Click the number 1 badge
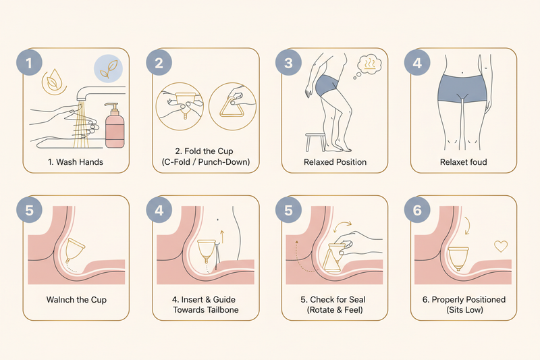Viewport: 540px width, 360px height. (29, 63)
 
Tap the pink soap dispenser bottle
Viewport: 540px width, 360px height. (115, 126)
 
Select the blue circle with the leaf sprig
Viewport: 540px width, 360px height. (109, 68)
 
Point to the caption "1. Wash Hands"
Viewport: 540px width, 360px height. (76, 162)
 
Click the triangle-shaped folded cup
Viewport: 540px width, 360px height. (232, 107)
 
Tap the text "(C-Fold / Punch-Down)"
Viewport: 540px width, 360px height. (206, 162)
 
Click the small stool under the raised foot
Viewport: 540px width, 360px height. (315, 142)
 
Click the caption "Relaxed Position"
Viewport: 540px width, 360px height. (335, 162)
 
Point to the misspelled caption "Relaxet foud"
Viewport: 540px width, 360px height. (464, 162)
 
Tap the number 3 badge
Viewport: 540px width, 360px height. (288, 63)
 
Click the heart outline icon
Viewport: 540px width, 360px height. (501, 246)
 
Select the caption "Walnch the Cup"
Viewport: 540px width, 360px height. (76, 300)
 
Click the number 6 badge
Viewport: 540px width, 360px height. (417, 210)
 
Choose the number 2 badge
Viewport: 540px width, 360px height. (159, 63)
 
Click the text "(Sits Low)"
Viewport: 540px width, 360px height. (464, 310)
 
